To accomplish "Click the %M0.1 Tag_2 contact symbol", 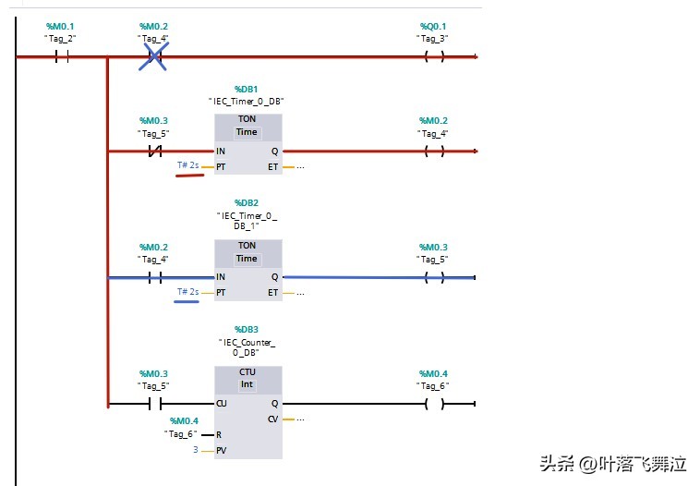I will pyautogui.click(x=62, y=56).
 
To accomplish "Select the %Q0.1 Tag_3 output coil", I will pyautogui.click(x=433, y=56).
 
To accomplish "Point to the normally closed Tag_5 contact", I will pyautogui.click(x=155, y=151).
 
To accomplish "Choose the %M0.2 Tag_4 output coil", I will pyautogui.click(x=433, y=151).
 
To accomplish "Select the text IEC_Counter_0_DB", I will pyautogui.click(x=247, y=346).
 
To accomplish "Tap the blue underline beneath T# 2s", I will pyautogui.click(x=187, y=301).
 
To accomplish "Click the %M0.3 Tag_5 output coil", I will pyautogui.click(x=433, y=277).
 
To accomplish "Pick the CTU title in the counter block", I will pyautogui.click(x=247, y=372).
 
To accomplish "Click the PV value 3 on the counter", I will pyautogui.click(x=196, y=450).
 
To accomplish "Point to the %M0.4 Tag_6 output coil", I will pyautogui.click(x=433, y=404).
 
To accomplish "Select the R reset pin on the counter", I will pyautogui.click(x=219, y=434).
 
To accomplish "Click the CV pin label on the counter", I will pyautogui.click(x=272, y=419).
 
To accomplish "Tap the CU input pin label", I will pyautogui.click(x=222, y=404).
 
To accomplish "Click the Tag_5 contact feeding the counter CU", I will pyautogui.click(x=155, y=404).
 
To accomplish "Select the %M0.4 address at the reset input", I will pyautogui.click(x=185, y=420).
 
